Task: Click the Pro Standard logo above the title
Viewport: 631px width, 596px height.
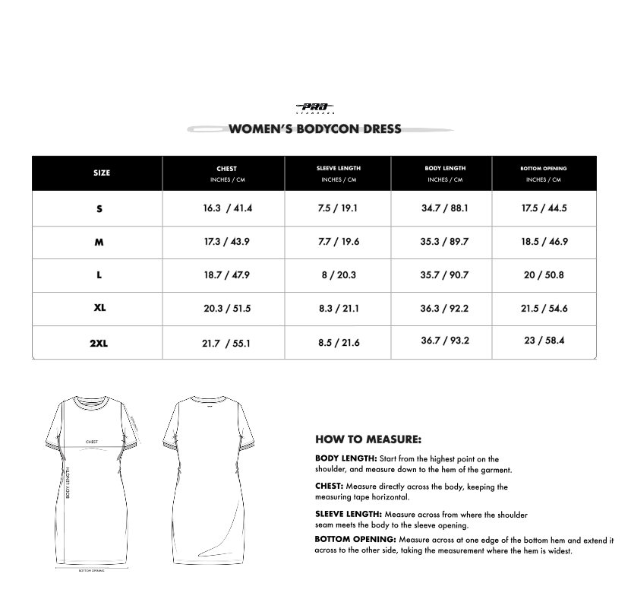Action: (x=314, y=109)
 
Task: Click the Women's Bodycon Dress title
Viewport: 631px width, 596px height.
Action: (x=315, y=128)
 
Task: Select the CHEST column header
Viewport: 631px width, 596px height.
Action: (x=226, y=169)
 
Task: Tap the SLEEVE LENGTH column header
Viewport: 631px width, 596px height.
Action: (x=339, y=168)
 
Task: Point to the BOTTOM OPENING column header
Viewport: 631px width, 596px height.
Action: (x=544, y=168)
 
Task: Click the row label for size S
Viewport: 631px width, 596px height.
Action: (x=99, y=208)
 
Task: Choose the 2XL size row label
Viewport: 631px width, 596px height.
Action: (x=99, y=343)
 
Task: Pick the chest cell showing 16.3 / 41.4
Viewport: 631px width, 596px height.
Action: (x=227, y=208)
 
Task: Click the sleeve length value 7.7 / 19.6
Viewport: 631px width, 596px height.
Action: (x=339, y=242)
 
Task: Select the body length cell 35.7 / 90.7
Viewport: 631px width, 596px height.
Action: (x=445, y=275)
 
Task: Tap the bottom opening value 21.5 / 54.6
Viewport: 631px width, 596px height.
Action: (x=544, y=309)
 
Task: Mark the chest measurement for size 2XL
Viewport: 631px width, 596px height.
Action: (x=226, y=343)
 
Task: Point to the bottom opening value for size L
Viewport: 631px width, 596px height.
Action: (x=544, y=275)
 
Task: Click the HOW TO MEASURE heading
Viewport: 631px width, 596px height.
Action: (x=368, y=439)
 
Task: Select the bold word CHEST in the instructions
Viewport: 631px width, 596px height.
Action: (x=330, y=486)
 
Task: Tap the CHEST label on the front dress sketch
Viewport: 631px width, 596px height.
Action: (x=92, y=442)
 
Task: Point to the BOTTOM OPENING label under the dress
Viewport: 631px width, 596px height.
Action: (x=91, y=570)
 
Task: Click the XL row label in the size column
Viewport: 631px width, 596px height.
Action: (x=99, y=309)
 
